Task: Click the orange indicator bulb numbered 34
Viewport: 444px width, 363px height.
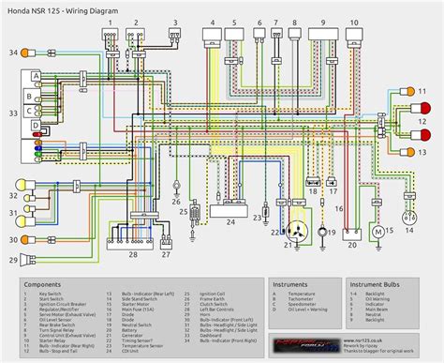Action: point(27,53)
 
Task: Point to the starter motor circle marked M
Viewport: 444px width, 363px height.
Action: point(379,231)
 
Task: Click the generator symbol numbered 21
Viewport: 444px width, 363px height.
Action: point(301,230)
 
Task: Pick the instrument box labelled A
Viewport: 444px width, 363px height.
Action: point(35,75)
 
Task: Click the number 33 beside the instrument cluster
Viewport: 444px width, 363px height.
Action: point(11,113)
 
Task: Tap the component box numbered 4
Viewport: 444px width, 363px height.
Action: point(212,35)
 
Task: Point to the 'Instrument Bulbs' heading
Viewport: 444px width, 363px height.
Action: point(380,282)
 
